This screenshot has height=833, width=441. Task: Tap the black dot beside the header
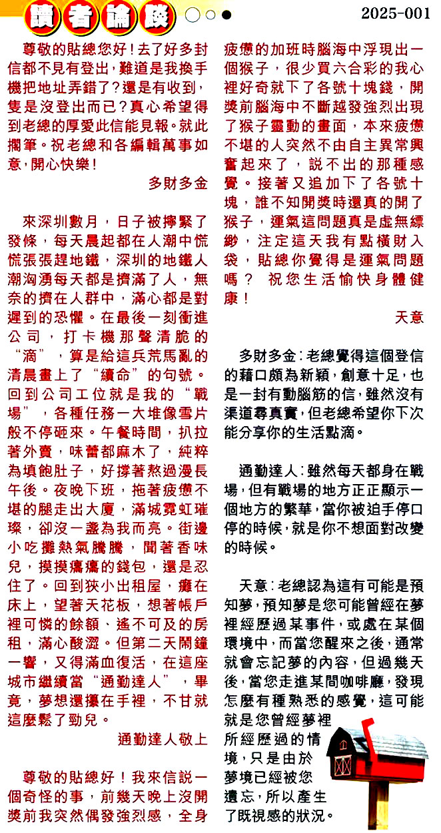[x=227, y=15]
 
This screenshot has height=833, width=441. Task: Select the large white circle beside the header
[x=193, y=15]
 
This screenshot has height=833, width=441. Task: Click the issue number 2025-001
[x=396, y=14]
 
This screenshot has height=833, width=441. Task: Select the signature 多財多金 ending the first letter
[x=178, y=183]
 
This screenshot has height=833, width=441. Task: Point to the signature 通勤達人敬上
[x=163, y=738]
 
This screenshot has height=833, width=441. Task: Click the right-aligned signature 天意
[x=409, y=318]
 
